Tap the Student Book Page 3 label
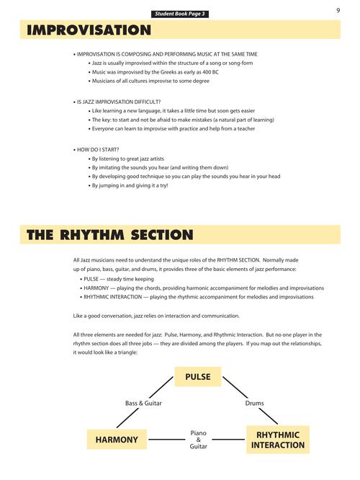pyautogui.click(x=180, y=14)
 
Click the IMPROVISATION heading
pyautogui.click(x=89, y=30)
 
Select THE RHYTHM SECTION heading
pyautogui.click(x=109, y=235)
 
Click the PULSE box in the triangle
pyautogui.click(x=198, y=376)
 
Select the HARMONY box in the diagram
pyautogui.click(x=116, y=439)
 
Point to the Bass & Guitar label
pyautogui.click(x=143, y=403)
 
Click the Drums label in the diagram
pyautogui.click(x=254, y=403)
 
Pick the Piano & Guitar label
pyautogui.click(x=198, y=440)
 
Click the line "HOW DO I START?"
pyautogui.click(x=97, y=150)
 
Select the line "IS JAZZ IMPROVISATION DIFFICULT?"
pyautogui.click(x=118, y=102)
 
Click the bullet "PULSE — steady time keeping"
pyautogui.click(x=121, y=277)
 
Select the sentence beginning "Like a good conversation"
pyautogui.click(x=156, y=316)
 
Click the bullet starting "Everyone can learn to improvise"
pyautogui.click(x=173, y=128)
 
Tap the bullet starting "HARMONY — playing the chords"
pyautogui.click(x=203, y=287)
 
